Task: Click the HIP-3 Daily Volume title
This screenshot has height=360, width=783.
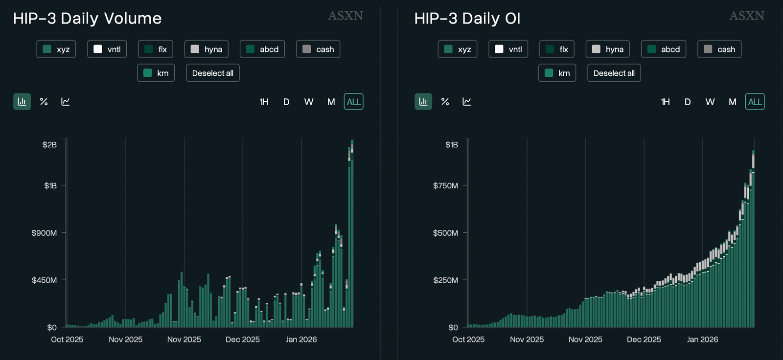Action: pos(87,19)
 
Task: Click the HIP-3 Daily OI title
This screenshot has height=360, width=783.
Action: pos(467,19)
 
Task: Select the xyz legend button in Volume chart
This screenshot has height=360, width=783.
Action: pos(56,49)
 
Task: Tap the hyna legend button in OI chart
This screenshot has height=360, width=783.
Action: pos(607,49)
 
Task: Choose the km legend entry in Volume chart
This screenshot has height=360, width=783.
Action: pos(156,73)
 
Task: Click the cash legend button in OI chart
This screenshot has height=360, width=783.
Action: pos(719,49)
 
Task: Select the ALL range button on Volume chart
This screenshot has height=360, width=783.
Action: pos(353,102)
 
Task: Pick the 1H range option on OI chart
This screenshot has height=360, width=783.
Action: pos(665,102)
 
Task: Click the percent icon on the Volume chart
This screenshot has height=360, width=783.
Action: pos(44,102)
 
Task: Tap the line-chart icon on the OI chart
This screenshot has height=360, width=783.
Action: pos(466,102)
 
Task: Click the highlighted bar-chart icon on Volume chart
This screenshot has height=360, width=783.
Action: pos(22,102)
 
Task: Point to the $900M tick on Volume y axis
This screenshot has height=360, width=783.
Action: pos(45,233)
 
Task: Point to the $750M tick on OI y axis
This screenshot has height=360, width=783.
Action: pos(445,186)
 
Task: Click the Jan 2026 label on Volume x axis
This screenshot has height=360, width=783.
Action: pos(301,339)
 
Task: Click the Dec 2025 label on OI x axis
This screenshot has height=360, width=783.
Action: pos(644,339)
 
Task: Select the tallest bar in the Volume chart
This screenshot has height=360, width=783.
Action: pos(352,235)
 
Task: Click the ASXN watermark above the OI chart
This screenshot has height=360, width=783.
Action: pos(746,16)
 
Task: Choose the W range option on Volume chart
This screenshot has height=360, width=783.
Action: pos(308,102)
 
